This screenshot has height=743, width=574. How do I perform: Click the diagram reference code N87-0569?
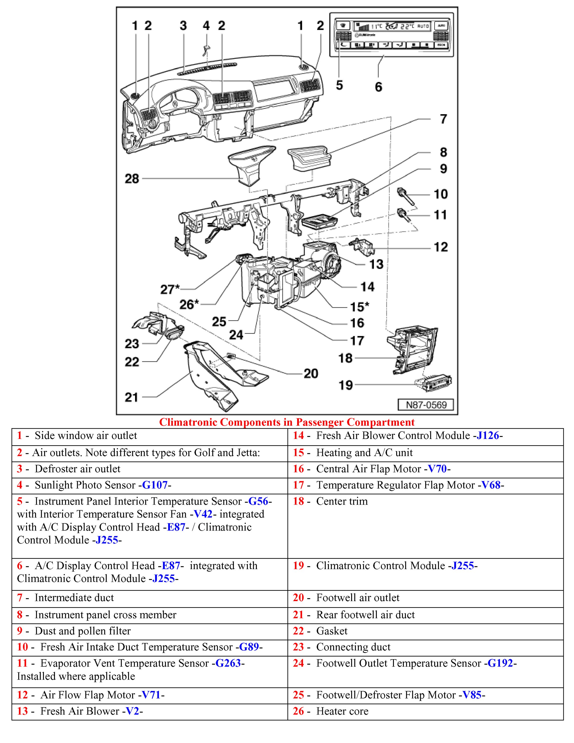pos(426,405)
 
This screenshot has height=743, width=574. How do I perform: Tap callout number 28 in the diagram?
pos(132,179)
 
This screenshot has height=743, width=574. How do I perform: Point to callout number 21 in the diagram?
pos(131,397)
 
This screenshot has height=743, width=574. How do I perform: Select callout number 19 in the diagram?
pos(345,385)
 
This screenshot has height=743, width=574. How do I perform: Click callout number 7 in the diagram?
pos(443,119)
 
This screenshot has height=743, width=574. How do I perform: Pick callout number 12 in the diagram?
pos(441,247)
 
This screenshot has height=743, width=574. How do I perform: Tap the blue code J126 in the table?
pos(488,435)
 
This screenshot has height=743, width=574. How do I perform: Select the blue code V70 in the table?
pos(437,469)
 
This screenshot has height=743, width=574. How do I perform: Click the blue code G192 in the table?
pos(500,663)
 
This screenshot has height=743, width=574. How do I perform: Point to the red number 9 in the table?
pos(20,631)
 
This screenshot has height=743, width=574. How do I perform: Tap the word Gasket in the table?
pos(332,631)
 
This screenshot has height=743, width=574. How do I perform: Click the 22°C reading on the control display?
pos(407,26)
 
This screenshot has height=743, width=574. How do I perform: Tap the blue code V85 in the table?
pos(472,695)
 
